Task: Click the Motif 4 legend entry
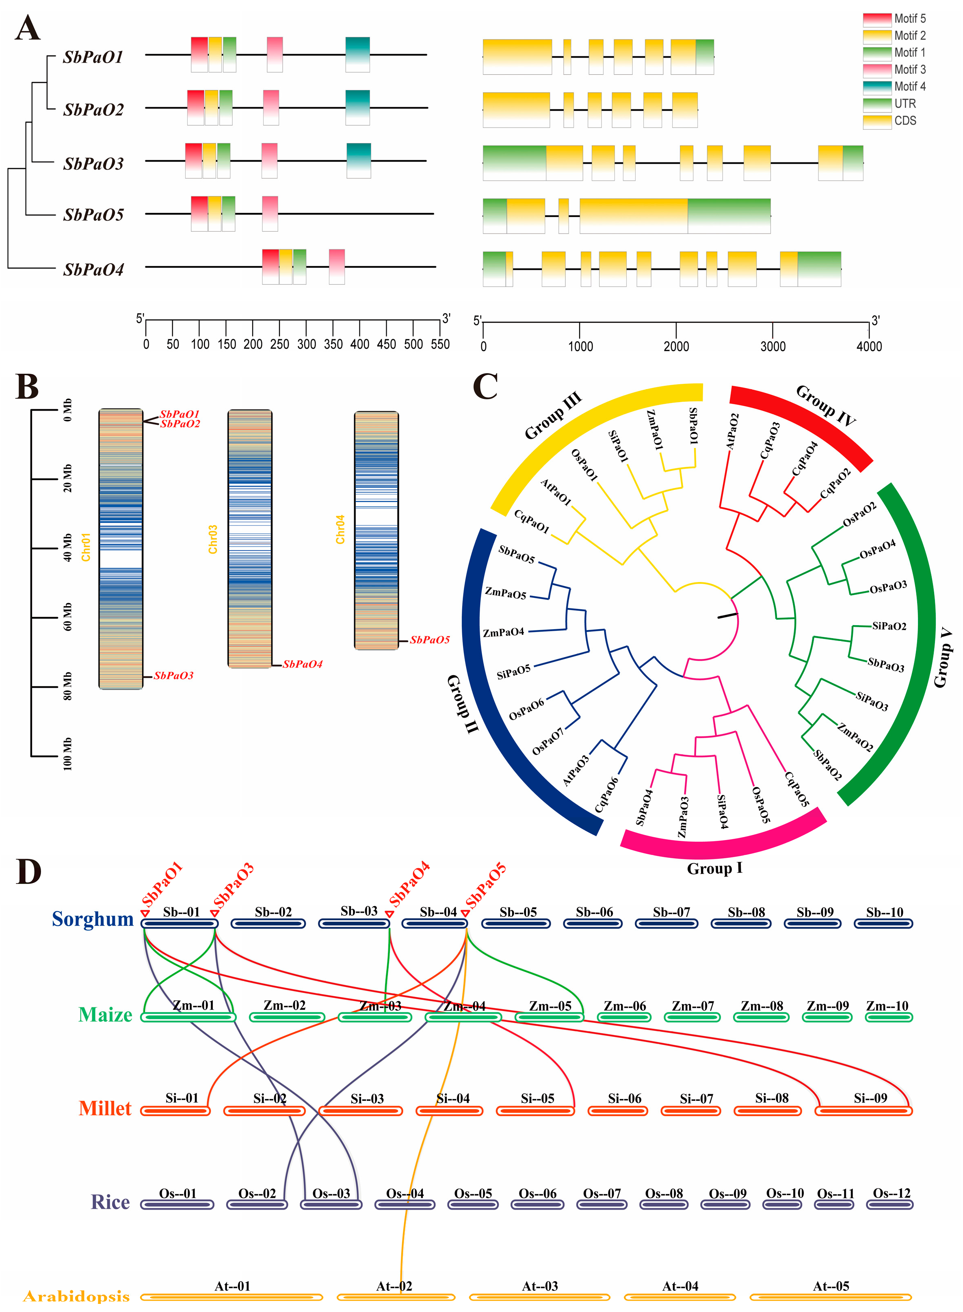coord(909,86)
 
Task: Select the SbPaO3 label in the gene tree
coord(93,164)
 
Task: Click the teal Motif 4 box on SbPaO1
coord(357,54)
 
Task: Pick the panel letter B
coord(27,388)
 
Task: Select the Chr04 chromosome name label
coord(340,529)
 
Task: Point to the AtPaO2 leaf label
coord(732,431)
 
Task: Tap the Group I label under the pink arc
coord(715,868)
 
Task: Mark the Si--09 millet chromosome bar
coord(863,1111)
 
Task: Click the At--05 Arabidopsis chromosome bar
coord(831,1297)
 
